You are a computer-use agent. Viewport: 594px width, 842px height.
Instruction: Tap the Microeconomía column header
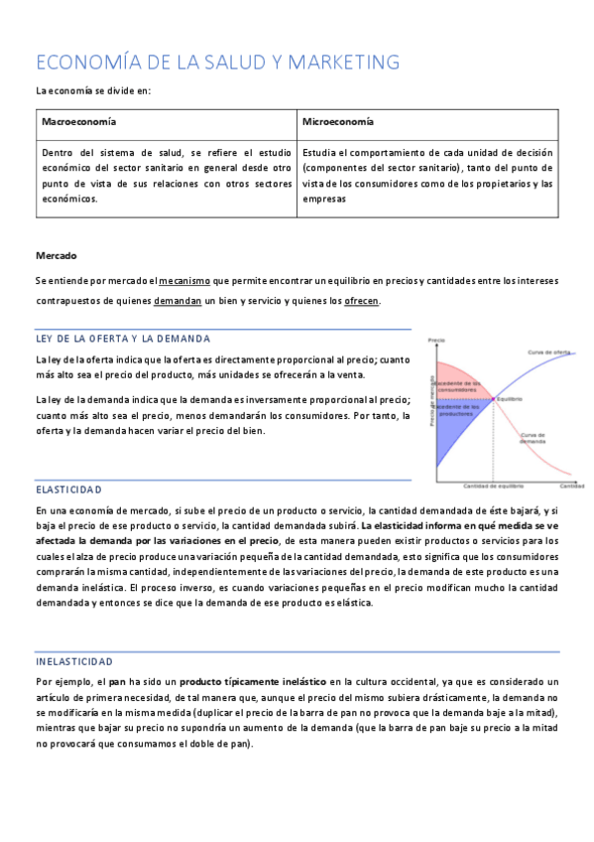338,121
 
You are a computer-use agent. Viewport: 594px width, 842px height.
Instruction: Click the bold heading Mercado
56,255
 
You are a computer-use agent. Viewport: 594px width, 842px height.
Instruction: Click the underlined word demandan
178,301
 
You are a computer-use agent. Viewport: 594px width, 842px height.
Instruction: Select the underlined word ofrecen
360,301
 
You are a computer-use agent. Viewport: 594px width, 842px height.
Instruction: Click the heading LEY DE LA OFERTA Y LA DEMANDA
122,339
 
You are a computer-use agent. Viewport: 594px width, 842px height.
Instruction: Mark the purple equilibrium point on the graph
494,400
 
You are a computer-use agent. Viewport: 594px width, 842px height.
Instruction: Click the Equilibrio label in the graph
510,399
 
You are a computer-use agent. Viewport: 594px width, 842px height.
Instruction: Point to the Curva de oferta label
547,352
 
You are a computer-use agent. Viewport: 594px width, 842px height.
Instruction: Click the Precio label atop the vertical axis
435,341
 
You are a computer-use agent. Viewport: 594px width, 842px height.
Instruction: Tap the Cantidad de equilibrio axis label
493,487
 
